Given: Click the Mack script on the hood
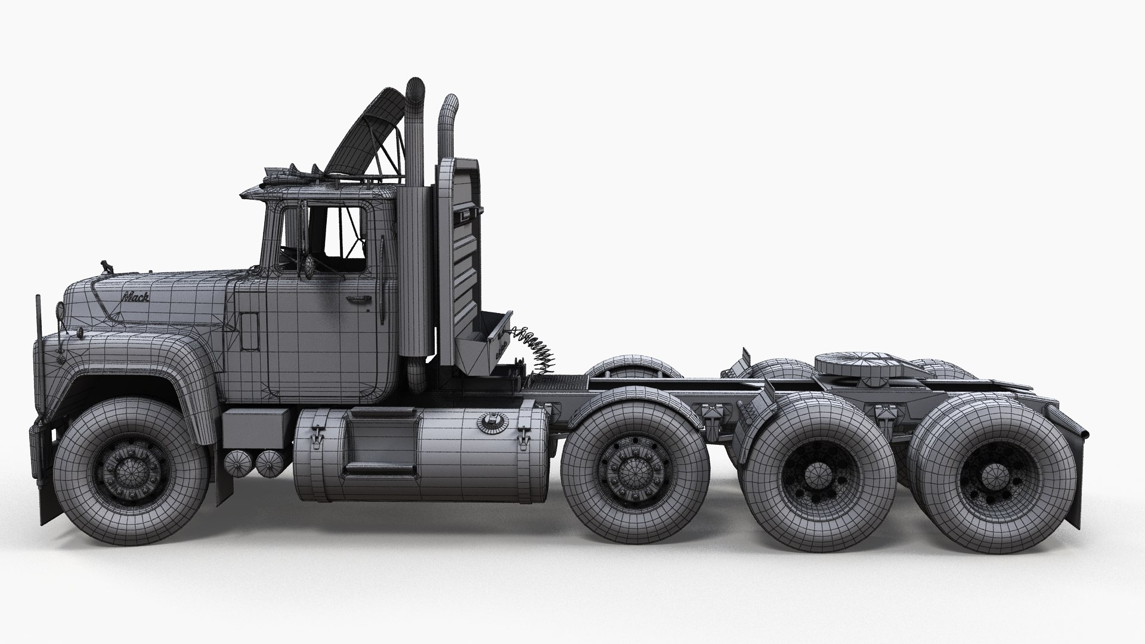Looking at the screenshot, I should [136, 296].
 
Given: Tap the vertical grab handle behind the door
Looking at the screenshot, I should [381, 280].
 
